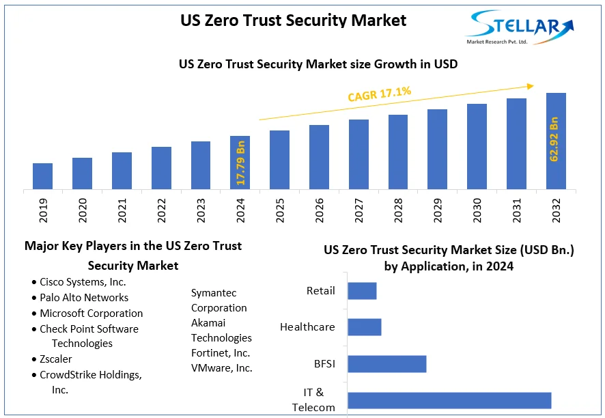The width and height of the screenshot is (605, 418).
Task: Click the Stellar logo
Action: point(519,27)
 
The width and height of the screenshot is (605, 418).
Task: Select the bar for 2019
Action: point(42,176)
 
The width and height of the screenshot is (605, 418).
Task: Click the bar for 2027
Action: point(358,154)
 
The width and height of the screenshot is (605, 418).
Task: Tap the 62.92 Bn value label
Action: point(554,139)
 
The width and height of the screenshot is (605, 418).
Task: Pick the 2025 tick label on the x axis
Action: point(280,210)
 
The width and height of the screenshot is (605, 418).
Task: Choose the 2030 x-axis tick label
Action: point(477,210)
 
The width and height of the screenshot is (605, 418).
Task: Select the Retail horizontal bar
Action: point(362,291)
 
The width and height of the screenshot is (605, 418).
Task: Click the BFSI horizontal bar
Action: point(386,364)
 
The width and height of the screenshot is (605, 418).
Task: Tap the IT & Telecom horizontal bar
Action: point(449,401)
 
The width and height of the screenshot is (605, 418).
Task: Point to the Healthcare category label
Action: point(307,327)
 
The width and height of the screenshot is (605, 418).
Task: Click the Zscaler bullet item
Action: point(55,359)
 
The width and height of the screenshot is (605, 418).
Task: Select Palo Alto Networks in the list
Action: point(83,298)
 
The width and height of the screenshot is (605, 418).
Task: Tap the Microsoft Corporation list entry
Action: point(91,313)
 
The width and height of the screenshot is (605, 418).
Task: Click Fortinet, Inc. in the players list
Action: point(221,353)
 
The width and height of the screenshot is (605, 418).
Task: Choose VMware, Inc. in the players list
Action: point(221,368)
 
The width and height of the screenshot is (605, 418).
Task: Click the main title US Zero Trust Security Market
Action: point(293,20)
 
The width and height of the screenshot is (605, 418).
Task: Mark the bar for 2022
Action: point(161,168)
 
